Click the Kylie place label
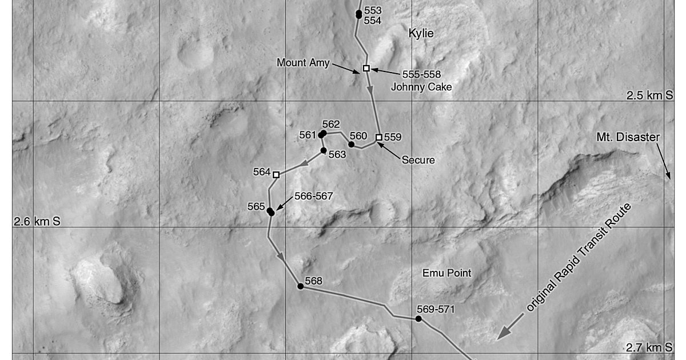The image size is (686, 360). click(421, 34)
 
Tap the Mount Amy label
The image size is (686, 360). click(303, 63)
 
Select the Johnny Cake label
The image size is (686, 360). click(421, 87)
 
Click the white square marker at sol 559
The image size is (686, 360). click(378, 137)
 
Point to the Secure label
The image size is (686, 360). click(418, 160)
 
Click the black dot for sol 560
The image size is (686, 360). click(351, 145)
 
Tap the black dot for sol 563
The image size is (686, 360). click(324, 150)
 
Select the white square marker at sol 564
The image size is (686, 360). click(276, 174)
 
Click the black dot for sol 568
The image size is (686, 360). click(300, 286)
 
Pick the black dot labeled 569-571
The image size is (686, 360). click(418, 319)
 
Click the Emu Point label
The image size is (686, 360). click(447, 273)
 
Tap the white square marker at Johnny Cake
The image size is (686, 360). click(366, 69)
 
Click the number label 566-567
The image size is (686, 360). click(313, 196)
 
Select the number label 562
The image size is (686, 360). click(331, 125)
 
